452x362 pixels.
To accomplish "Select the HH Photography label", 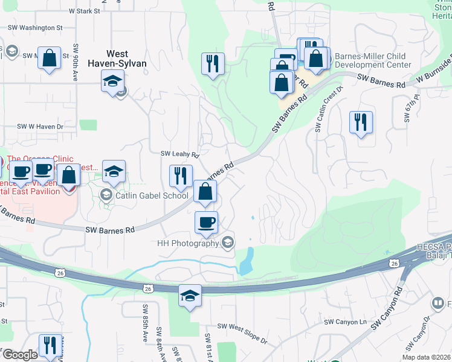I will coord(187,243).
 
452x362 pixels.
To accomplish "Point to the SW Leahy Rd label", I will coord(179,155).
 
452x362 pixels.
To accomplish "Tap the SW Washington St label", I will coord(34,28).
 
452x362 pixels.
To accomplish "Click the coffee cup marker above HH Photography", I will coord(206,222).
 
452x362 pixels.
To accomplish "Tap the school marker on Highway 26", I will coord(190,296).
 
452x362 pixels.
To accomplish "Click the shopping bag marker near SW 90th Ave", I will coord(50,59).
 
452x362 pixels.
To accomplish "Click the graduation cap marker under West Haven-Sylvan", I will coord(112,82).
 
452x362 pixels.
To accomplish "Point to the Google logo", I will coord(20,355).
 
